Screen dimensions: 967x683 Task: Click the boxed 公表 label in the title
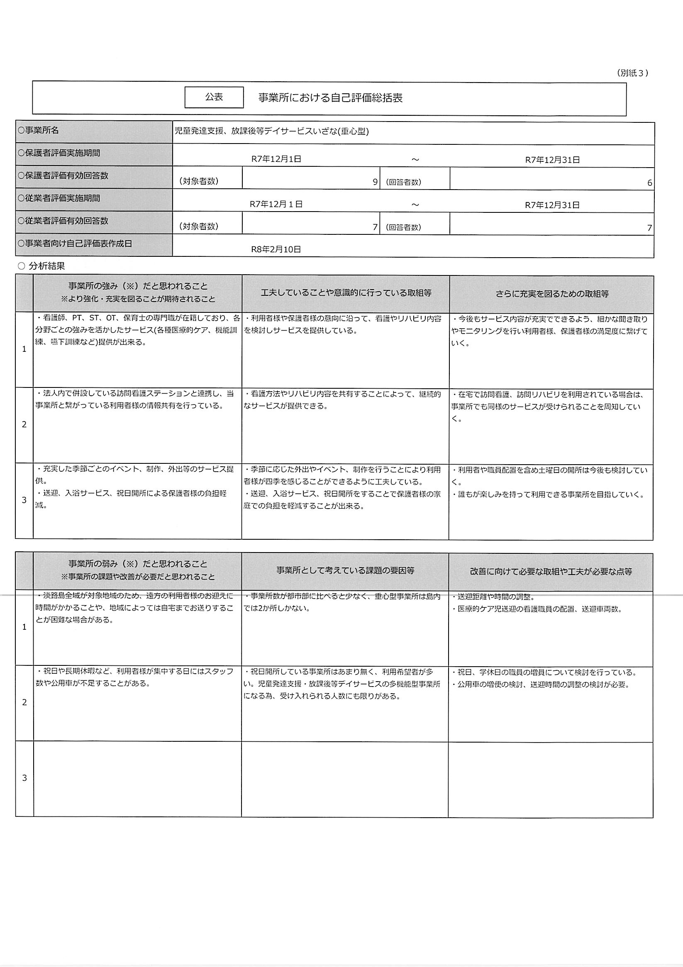tap(214, 97)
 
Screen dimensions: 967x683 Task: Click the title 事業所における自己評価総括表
tap(330, 98)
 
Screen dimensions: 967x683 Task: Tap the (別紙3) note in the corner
tap(632, 73)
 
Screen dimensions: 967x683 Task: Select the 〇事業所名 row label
tap(38, 131)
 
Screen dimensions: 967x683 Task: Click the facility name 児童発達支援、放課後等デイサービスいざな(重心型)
tap(272, 132)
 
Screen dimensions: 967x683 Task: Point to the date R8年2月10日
tap(276, 249)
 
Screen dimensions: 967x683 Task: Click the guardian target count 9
tap(375, 182)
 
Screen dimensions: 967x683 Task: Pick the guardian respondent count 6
tap(649, 183)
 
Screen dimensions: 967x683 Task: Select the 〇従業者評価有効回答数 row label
tap(63, 221)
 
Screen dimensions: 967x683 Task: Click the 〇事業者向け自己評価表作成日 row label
tap(75, 244)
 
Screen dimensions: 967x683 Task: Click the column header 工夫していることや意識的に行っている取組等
tap(346, 293)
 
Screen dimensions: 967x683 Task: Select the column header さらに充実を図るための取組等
tap(552, 294)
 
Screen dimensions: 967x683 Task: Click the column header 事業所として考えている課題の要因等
tap(346, 571)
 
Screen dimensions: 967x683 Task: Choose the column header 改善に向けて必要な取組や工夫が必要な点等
tap(551, 572)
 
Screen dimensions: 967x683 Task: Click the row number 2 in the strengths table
tap(24, 424)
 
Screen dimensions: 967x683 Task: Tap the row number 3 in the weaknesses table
tap(24, 778)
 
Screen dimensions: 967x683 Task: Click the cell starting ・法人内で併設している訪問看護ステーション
tap(135, 399)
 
